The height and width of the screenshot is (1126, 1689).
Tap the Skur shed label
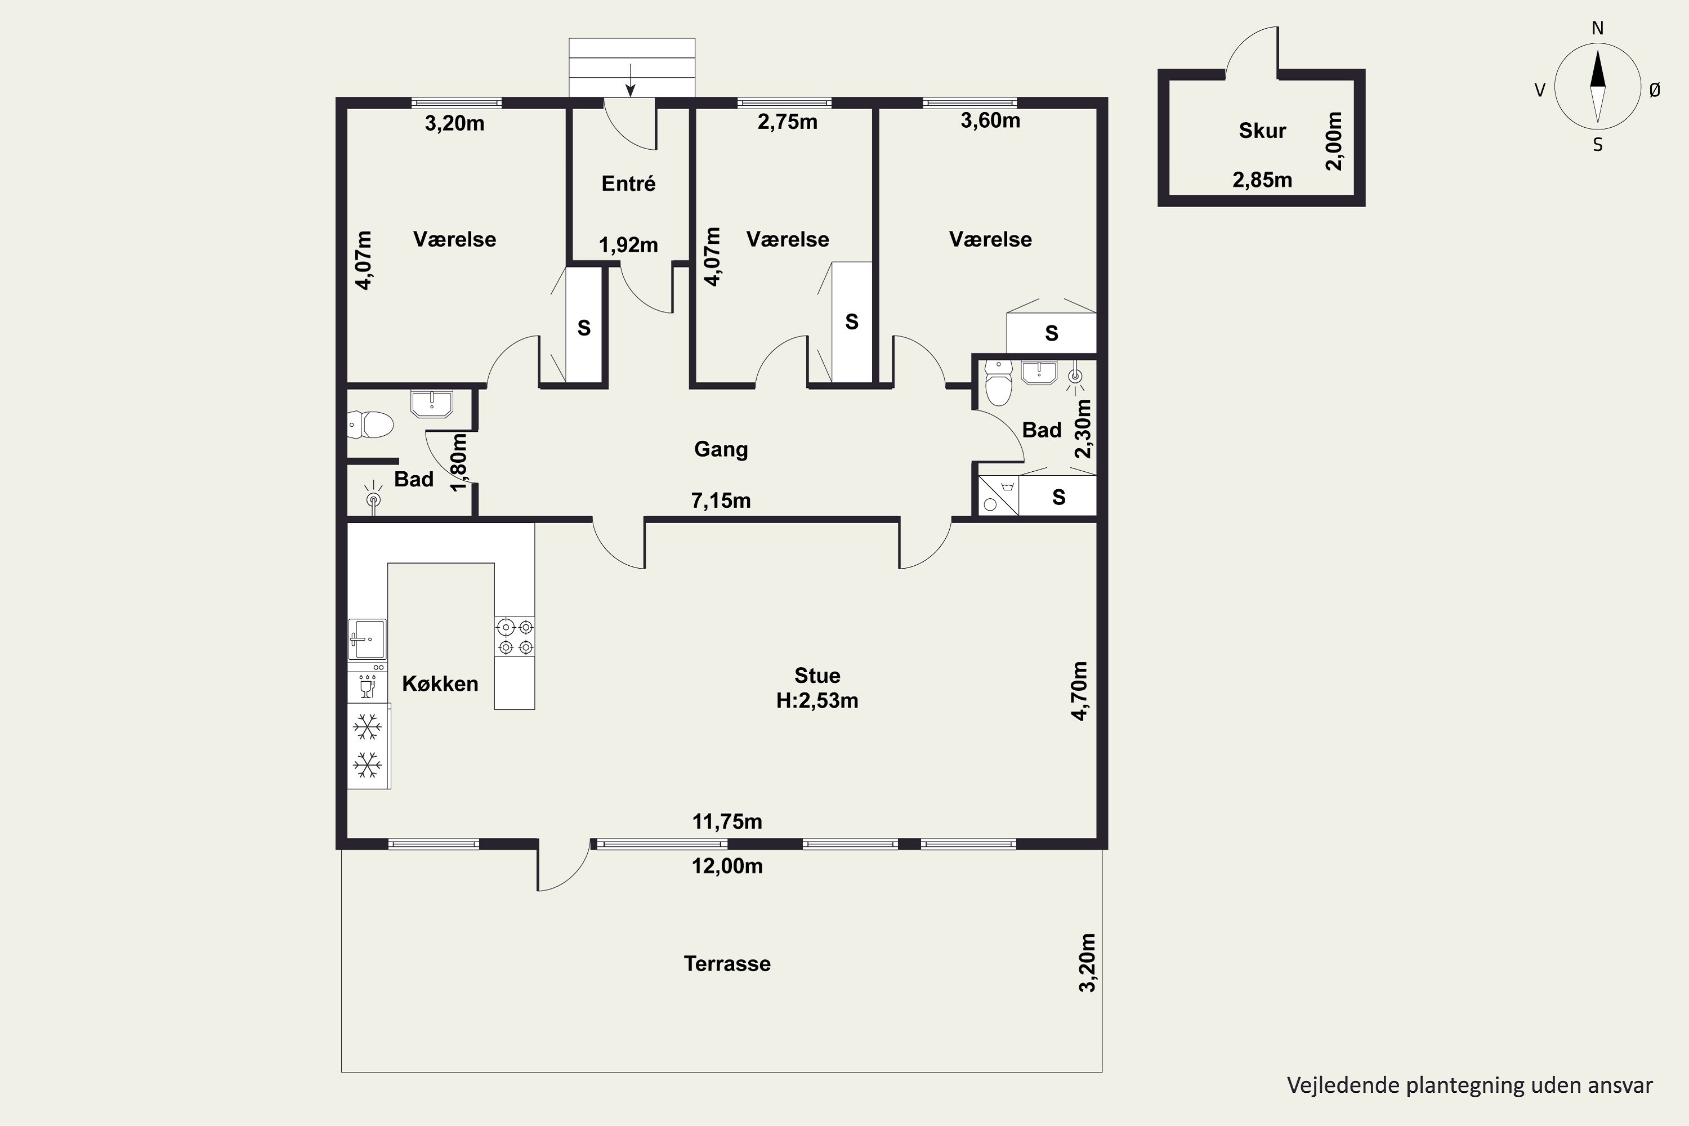[1262, 130]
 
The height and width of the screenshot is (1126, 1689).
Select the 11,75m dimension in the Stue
[727, 821]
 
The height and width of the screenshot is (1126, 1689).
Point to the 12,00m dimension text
[727, 865]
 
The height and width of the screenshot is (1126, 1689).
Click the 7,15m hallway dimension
[721, 500]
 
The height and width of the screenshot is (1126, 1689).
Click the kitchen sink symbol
[367, 639]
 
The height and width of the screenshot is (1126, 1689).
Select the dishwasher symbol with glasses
[367, 686]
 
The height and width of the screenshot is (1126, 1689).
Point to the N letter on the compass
[1598, 28]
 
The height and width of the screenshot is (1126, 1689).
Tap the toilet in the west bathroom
[370, 425]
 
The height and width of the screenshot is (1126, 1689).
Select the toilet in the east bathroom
[998, 383]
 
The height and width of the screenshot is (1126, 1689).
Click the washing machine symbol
[998, 495]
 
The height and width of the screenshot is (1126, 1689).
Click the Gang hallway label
[721, 449]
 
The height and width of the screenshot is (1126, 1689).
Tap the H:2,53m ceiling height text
[817, 700]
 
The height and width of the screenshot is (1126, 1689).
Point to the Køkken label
[440, 683]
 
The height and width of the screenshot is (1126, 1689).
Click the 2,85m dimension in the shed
[1262, 180]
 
